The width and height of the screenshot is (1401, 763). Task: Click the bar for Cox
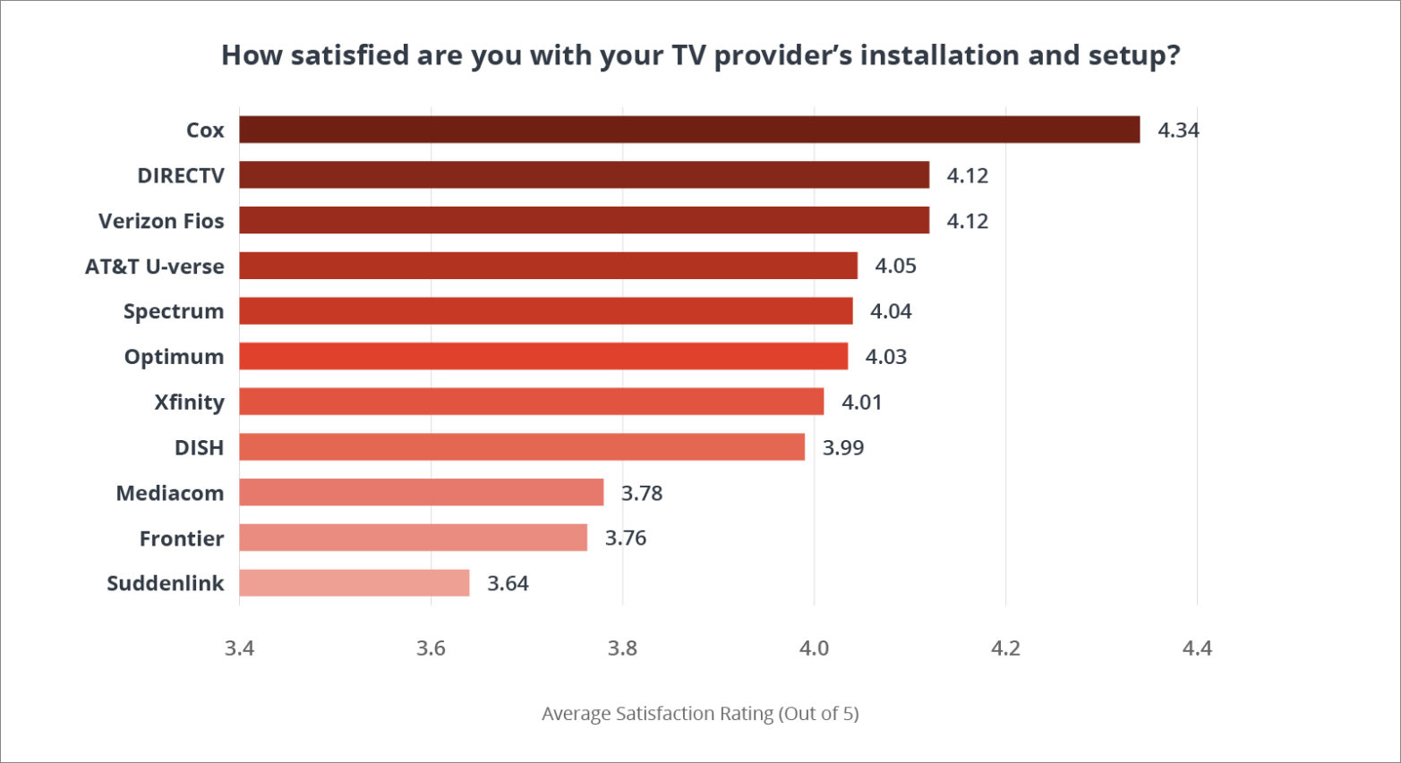click(689, 130)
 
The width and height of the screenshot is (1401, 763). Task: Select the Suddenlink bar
click(355, 583)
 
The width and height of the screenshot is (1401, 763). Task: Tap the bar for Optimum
click(543, 356)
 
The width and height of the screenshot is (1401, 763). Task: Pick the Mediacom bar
click(422, 493)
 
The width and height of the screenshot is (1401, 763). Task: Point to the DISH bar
click(522, 447)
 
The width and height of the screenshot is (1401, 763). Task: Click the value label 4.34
click(1178, 131)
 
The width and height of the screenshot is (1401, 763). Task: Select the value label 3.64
click(508, 584)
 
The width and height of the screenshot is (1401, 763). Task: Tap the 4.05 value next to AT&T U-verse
click(895, 267)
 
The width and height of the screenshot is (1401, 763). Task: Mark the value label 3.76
click(625, 538)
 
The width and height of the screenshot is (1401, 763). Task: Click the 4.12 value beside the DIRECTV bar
click(967, 176)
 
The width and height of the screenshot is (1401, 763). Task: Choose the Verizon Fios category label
click(161, 221)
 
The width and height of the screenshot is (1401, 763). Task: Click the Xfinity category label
click(189, 402)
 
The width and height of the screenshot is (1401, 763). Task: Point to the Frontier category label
click(182, 538)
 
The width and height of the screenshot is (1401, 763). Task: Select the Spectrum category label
click(174, 311)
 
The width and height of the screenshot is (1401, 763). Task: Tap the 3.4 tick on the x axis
click(239, 649)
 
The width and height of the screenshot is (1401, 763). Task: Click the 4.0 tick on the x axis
click(814, 649)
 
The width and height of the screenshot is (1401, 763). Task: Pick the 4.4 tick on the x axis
click(1196, 649)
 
